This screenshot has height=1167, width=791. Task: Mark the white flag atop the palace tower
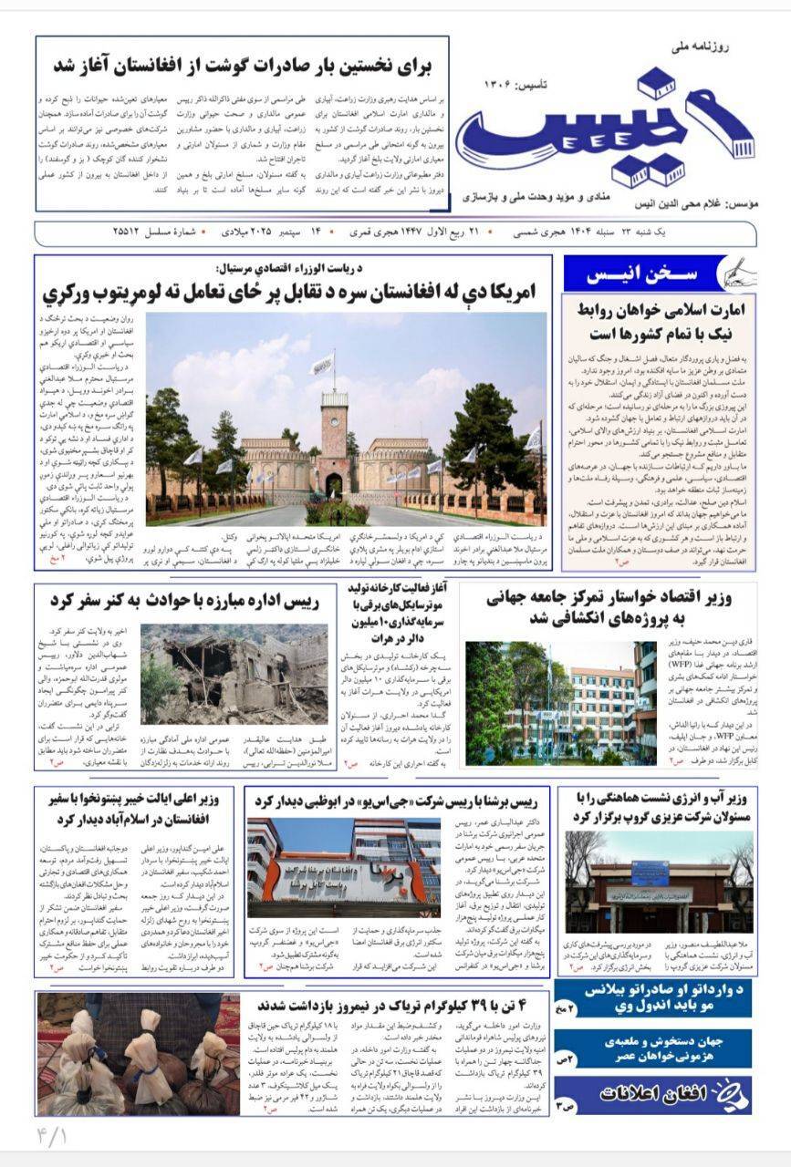(323, 365)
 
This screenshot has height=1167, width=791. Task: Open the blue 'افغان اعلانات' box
(654, 1095)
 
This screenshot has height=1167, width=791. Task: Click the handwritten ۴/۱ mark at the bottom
(51, 1137)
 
